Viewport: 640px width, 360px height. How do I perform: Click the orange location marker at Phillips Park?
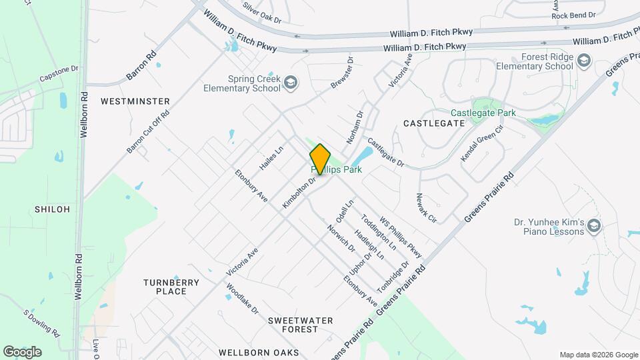[320, 159]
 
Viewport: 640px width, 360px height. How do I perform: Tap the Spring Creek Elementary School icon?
[290, 83]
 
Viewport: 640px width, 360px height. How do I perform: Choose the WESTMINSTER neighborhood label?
[135, 101]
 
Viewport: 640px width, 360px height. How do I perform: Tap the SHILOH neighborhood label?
[52, 209]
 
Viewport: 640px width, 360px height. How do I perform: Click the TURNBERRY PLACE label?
[171, 287]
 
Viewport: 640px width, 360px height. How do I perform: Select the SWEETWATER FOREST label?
[300, 325]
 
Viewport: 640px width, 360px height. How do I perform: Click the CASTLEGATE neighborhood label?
[434, 123]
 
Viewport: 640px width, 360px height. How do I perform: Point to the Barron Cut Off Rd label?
[148, 132]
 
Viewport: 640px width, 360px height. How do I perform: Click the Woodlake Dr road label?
[242, 300]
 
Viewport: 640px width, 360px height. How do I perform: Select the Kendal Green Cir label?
[481, 143]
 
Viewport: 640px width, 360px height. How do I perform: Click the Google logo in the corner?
[22, 351]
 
